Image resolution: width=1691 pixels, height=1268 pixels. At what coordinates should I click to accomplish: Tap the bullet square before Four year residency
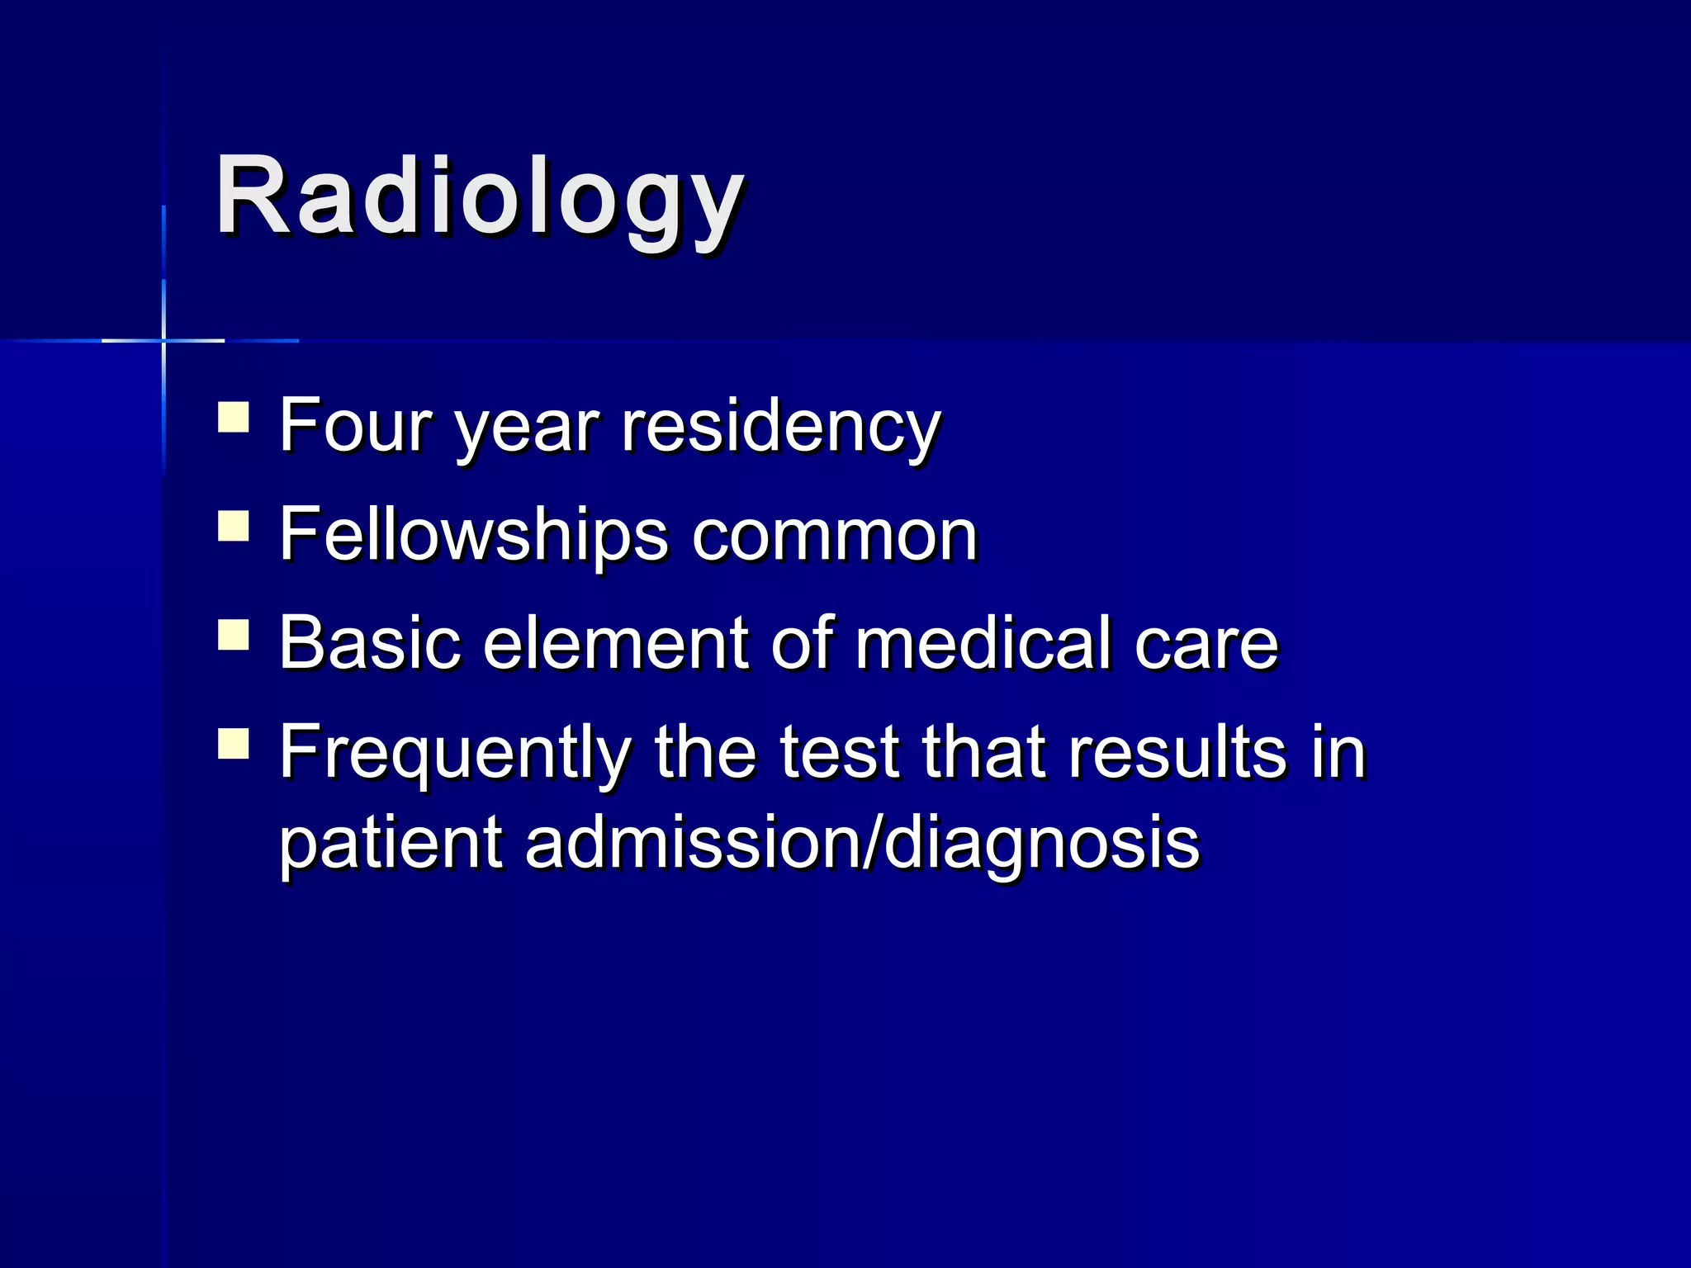(x=234, y=418)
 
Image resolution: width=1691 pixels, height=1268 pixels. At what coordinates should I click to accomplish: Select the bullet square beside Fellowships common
(x=234, y=526)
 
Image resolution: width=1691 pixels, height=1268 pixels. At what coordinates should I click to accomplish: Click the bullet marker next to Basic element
(x=234, y=635)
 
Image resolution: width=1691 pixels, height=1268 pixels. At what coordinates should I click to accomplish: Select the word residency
(x=780, y=428)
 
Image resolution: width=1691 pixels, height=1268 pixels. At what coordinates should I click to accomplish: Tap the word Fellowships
(x=473, y=535)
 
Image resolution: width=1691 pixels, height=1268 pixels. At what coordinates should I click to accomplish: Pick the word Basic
(x=369, y=643)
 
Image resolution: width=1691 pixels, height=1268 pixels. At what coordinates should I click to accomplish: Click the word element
(x=615, y=644)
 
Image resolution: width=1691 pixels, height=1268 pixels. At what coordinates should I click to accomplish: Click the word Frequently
(x=455, y=754)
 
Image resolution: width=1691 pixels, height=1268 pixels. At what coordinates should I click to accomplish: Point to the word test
(x=839, y=752)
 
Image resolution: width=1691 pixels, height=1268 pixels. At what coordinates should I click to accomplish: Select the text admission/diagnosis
(x=862, y=845)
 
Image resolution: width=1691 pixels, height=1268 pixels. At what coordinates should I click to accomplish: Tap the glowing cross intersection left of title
(x=163, y=340)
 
